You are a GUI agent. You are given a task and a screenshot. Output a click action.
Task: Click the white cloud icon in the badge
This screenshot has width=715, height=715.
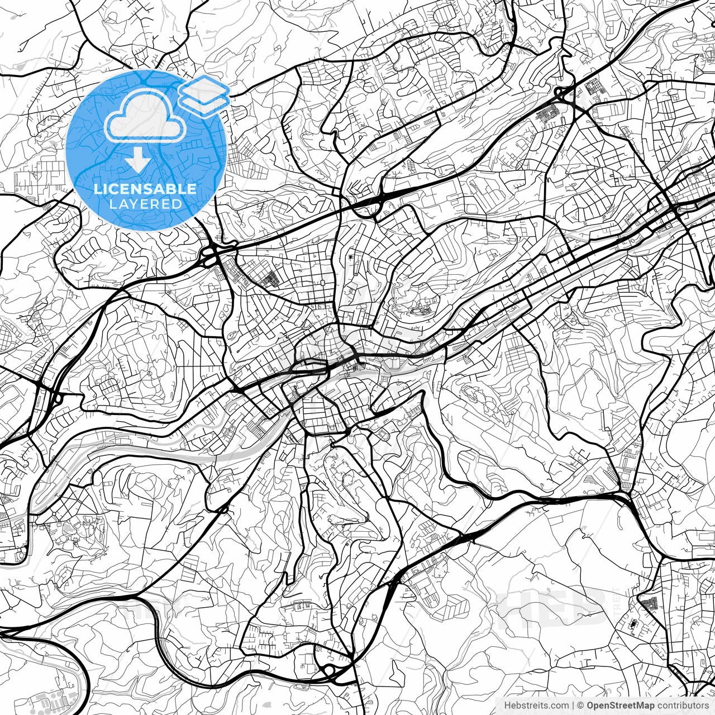tap(145, 116)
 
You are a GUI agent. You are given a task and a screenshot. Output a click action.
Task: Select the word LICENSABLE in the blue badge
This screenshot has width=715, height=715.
tap(145, 189)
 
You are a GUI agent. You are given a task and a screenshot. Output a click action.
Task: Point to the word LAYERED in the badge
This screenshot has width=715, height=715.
tap(145, 204)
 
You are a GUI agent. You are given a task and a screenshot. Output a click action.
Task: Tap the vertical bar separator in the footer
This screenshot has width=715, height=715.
tap(573, 706)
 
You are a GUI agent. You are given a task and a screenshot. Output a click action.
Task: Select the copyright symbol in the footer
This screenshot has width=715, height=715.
tap(580, 706)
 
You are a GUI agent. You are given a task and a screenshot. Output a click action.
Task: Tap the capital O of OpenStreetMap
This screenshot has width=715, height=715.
tap(590, 706)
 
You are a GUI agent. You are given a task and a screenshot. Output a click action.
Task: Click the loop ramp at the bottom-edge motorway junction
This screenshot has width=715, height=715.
tap(328, 670)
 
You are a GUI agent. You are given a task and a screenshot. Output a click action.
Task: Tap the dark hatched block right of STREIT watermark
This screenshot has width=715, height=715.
tap(648, 603)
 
